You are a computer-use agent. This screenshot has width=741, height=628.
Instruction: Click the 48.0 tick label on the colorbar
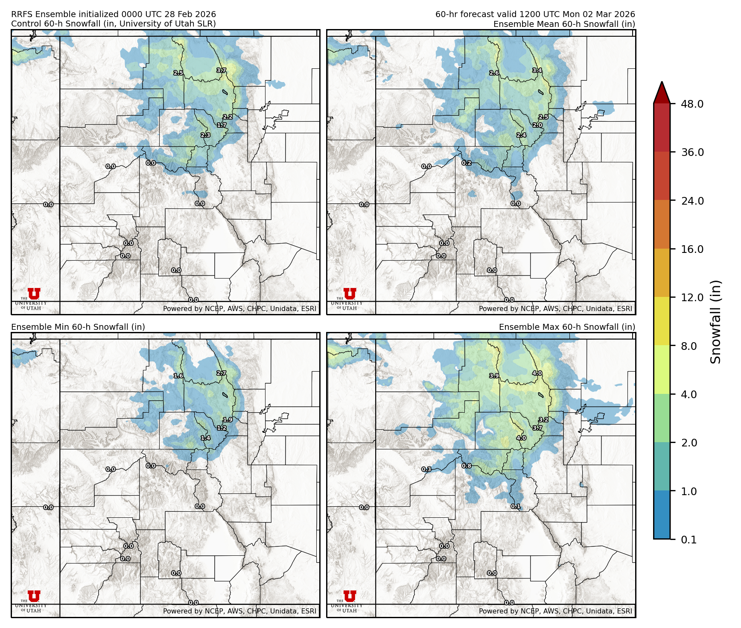[x=692, y=104]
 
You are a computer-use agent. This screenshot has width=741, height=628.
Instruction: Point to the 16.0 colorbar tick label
[x=692, y=249]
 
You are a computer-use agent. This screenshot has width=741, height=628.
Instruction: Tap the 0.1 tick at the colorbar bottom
[x=688, y=540]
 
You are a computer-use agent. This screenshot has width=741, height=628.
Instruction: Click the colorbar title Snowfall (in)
[x=716, y=322]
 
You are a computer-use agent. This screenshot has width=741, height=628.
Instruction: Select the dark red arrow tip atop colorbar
[x=662, y=91]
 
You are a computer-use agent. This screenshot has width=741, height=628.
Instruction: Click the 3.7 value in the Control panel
[x=221, y=70]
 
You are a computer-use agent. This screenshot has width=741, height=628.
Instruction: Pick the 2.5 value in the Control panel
[x=178, y=73]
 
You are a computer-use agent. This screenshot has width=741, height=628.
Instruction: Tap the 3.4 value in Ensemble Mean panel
[x=537, y=70]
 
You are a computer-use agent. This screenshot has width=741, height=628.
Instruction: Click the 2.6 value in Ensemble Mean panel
[x=494, y=73]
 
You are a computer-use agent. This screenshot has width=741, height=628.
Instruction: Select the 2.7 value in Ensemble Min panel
[x=221, y=373]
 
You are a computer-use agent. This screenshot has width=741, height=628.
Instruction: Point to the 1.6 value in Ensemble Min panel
[x=178, y=376]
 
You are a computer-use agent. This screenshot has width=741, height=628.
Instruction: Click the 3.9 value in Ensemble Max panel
[x=494, y=376]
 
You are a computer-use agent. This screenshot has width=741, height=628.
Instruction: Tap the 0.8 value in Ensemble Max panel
[x=467, y=466]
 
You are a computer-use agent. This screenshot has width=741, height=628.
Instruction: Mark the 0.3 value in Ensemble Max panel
[x=426, y=469]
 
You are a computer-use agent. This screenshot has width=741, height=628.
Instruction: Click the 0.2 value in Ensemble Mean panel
[x=467, y=163]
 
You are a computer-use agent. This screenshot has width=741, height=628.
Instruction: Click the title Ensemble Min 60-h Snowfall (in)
[x=78, y=327]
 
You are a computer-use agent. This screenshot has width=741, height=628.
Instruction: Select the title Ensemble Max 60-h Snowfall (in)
[x=567, y=327]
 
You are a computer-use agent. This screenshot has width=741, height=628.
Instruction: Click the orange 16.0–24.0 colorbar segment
[x=662, y=225]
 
